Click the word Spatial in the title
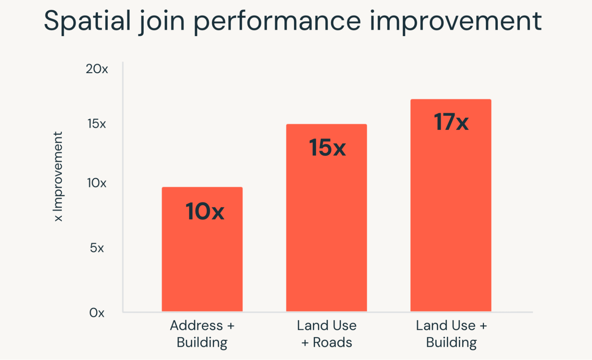coord(87,21)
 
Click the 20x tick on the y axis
coord(97,69)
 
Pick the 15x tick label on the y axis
coord(97,124)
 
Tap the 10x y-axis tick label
coord(97,183)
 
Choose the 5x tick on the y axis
coord(97,248)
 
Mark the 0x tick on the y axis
coord(97,313)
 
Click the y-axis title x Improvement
coord(58,176)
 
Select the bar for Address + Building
coord(202,261)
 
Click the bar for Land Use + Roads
coord(326,231)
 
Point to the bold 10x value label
coord(205,211)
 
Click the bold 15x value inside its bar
coord(327,147)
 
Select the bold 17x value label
coord(451,122)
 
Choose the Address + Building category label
coord(202,334)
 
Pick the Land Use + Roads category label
coord(327,334)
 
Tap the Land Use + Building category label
coord(451,334)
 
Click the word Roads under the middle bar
coord(332,343)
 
